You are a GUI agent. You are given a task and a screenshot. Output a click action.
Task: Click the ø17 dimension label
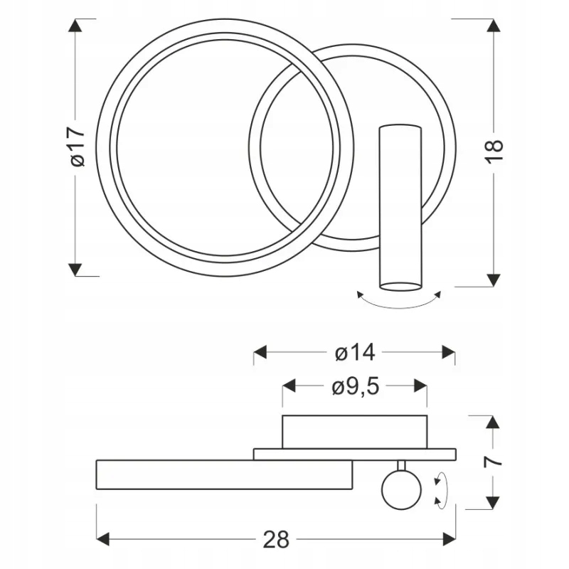[x=78, y=147]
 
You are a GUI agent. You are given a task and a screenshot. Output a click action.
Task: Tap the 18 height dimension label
[x=494, y=151]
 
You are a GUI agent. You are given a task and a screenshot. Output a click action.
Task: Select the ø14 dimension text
[x=354, y=352]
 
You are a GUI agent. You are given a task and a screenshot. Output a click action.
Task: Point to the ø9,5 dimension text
[x=355, y=386]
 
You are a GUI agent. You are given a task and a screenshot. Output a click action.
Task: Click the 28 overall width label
[x=276, y=539]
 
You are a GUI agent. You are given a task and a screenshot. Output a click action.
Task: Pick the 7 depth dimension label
[x=493, y=461]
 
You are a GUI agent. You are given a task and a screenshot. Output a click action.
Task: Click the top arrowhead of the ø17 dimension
[x=75, y=25]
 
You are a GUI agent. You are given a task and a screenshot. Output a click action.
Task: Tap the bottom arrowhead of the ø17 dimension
[x=75, y=270]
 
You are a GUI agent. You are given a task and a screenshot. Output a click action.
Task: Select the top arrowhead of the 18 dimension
[x=494, y=25]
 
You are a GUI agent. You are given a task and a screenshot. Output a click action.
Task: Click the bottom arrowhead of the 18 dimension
[x=494, y=280]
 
